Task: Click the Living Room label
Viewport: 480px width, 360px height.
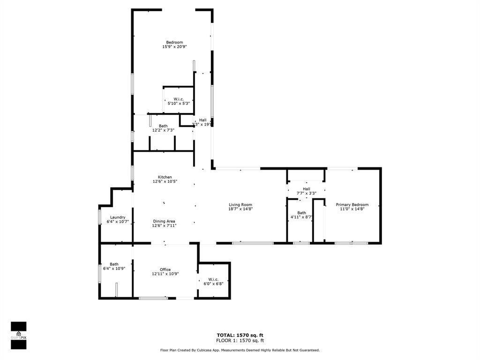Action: [240, 205]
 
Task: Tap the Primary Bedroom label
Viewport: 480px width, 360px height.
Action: [352, 205]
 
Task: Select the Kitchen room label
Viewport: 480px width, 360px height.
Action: [165, 177]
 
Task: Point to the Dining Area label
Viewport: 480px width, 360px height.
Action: [164, 221]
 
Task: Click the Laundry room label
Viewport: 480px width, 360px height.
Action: [117, 217]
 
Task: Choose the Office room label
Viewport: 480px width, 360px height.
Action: [165, 270]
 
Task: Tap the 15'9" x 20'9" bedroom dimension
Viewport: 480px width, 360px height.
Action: [174, 47]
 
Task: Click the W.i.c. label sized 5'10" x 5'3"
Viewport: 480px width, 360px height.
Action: [178, 99]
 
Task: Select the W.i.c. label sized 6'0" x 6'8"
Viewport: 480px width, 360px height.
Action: [213, 279]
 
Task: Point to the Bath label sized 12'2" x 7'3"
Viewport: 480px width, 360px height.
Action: [163, 126]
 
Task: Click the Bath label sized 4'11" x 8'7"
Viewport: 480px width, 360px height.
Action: [301, 213]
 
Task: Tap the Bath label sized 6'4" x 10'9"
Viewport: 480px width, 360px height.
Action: [114, 264]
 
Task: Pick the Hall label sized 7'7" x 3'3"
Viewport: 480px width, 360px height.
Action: [306, 189]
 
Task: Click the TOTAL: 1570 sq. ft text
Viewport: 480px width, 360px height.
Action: [240, 335]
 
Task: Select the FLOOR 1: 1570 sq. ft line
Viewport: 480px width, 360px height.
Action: [240, 341]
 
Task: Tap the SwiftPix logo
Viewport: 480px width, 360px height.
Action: [18, 335]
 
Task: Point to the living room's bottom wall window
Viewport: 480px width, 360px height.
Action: [253, 243]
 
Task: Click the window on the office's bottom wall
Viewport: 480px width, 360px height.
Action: [153, 298]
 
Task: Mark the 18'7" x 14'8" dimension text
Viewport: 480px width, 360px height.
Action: [240, 209]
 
